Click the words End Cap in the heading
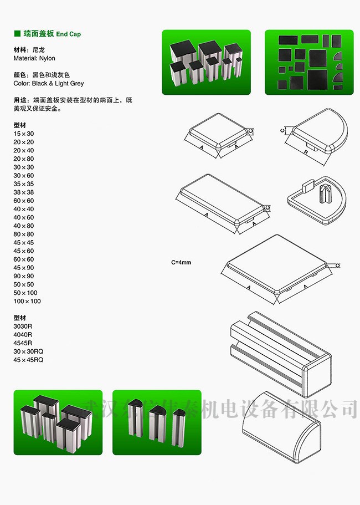coord(69,34)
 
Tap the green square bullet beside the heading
coord(17,33)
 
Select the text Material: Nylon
coord(34,58)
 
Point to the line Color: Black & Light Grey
coord(49,83)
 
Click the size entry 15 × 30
coord(23,134)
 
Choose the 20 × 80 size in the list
coord(23,159)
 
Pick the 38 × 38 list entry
coord(23,192)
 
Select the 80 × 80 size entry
coord(23,234)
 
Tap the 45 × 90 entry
coord(23,268)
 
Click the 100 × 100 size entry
coord(27,301)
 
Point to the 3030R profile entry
coord(23,327)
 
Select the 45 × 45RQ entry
coord(28,360)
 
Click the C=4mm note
coord(181,263)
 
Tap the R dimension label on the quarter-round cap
coord(306,152)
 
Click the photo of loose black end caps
coord(309,62)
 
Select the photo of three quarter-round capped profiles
coord(157,422)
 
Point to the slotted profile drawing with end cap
coord(281,354)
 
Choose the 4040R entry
coord(23,335)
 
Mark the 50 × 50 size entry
coord(23,284)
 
